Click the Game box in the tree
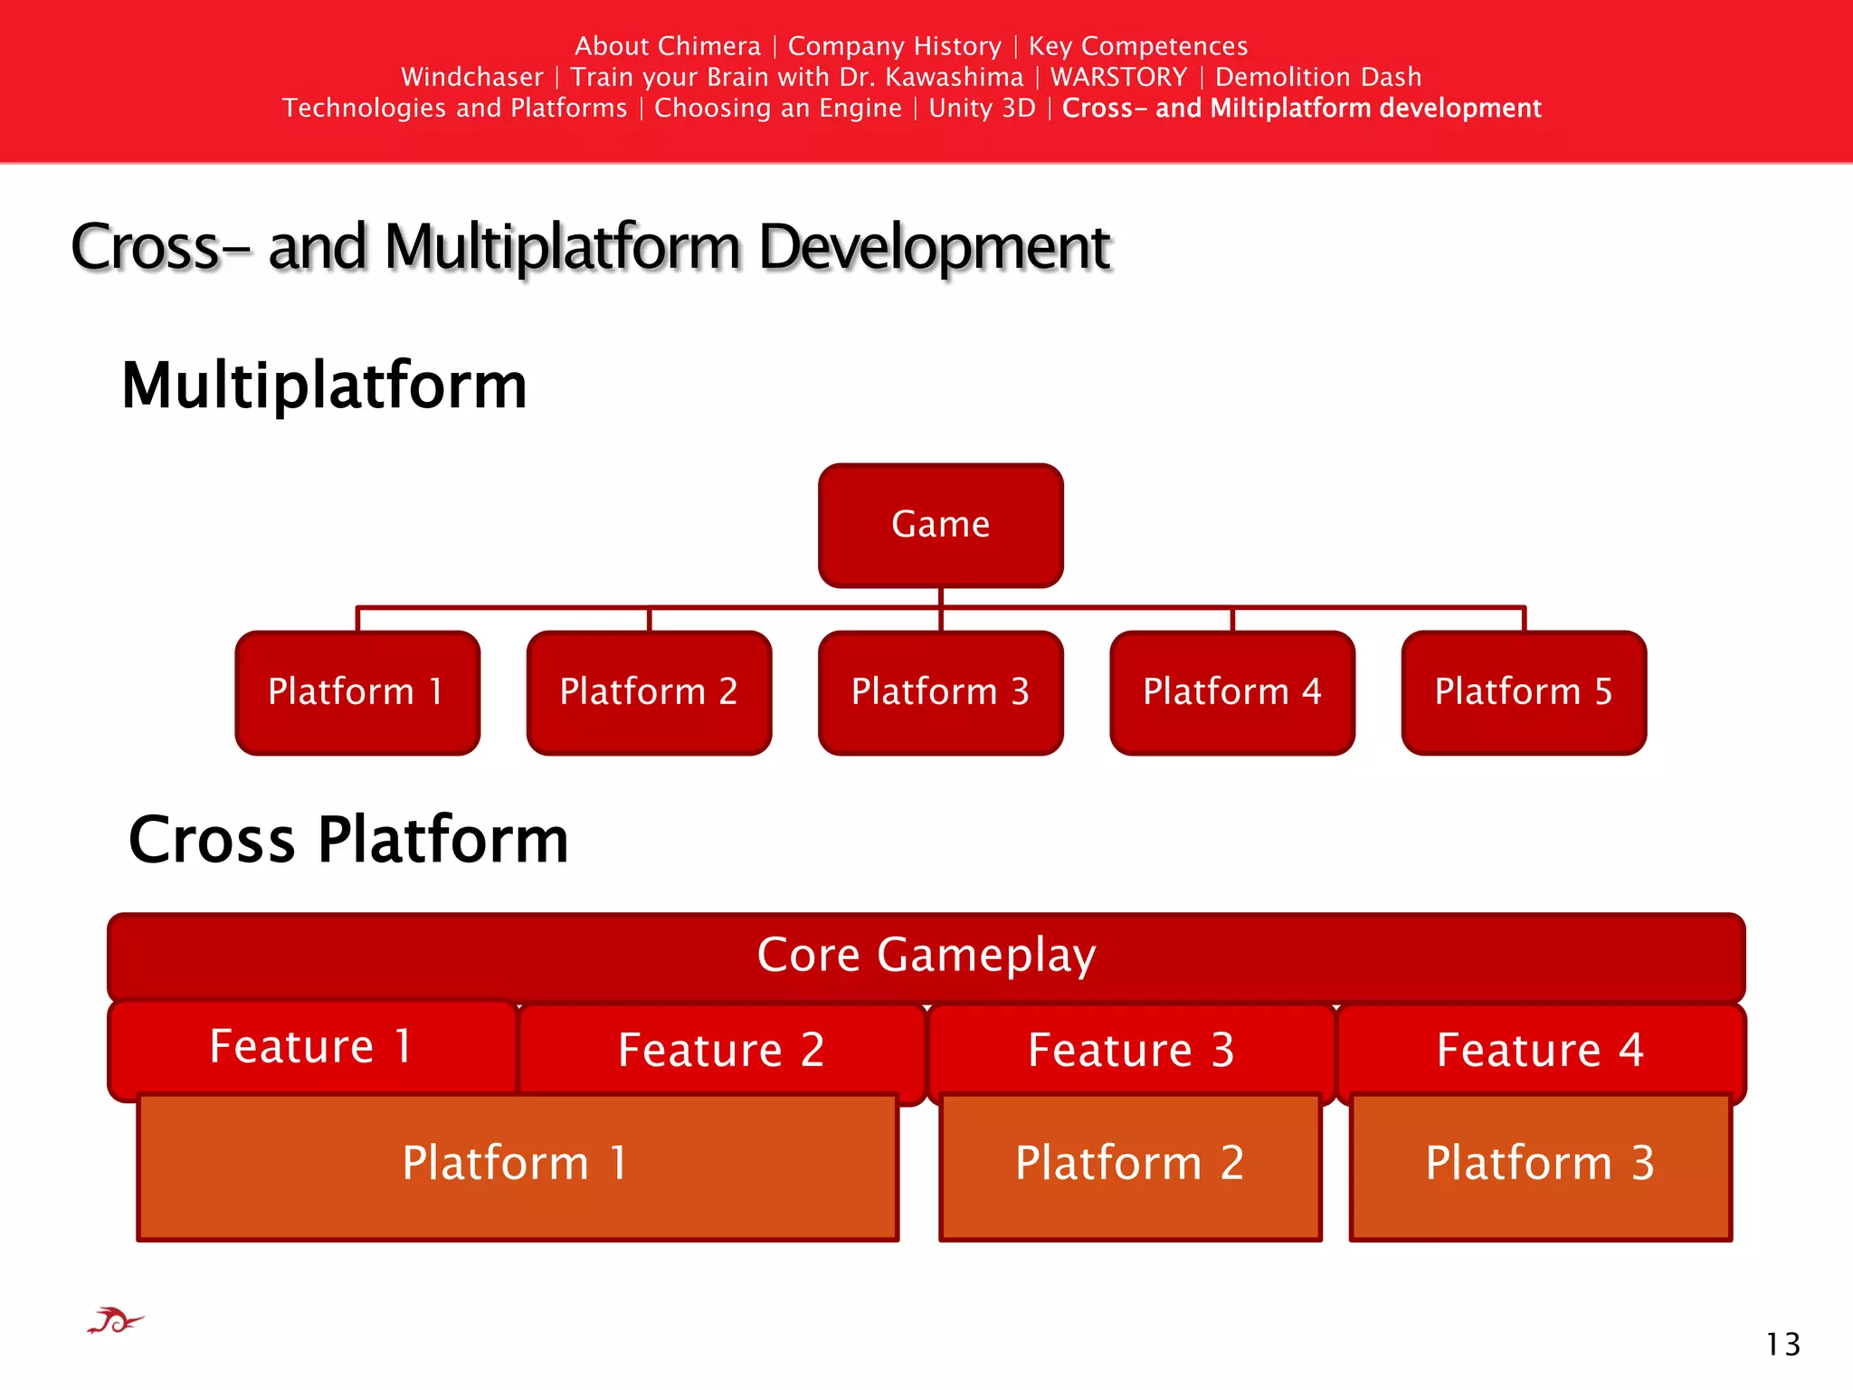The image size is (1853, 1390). pyautogui.click(x=940, y=525)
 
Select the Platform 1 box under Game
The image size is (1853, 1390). pyautogui.click(x=356, y=692)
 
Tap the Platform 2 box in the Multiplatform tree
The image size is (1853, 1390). pyautogui.click(x=649, y=692)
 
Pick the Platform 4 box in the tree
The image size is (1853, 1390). pyautogui.click(x=1232, y=692)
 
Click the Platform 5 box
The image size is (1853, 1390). pyautogui.click(x=1524, y=692)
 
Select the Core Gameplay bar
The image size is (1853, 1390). pyautogui.click(x=926, y=956)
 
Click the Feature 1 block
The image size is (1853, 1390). pyautogui.click(x=311, y=1047)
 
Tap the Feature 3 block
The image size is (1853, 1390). pyautogui.click(x=1131, y=1051)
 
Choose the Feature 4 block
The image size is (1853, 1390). pyautogui.click(x=1540, y=1051)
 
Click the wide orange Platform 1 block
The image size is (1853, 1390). pyautogui.click(x=517, y=1166)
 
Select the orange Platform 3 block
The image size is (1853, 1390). pyautogui.click(x=1540, y=1166)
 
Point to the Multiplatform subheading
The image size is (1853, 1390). pyautogui.click(x=324, y=386)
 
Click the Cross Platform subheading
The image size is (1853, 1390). pyautogui.click(x=348, y=840)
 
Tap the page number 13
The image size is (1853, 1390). pyautogui.click(x=1782, y=1345)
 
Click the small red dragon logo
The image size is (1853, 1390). pyautogui.click(x=115, y=1322)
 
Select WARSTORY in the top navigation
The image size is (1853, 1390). pyautogui.click(x=1118, y=78)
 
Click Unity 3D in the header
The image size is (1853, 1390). pyautogui.click(x=982, y=109)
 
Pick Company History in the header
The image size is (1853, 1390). pyautogui.click(x=894, y=46)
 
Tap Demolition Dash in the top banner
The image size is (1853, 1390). pyautogui.click(x=1317, y=78)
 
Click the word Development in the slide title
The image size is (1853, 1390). pyautogui.click(x=934, y=247)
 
